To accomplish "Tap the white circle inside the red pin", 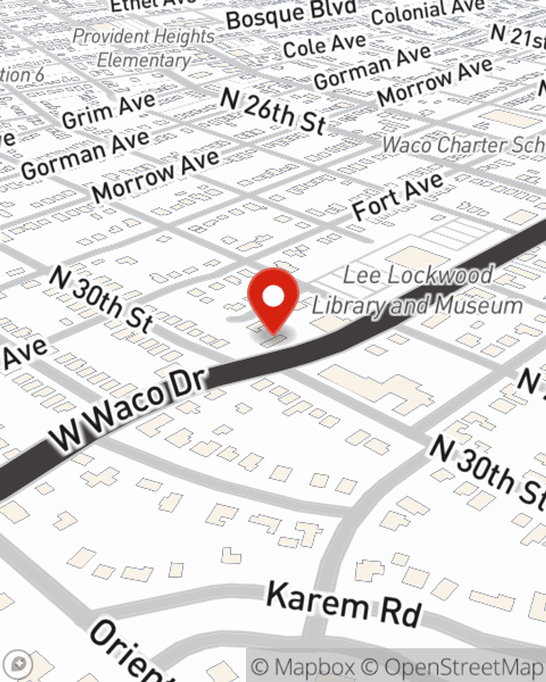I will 274,296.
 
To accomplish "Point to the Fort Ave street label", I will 397,197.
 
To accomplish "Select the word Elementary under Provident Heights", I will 144,60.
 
